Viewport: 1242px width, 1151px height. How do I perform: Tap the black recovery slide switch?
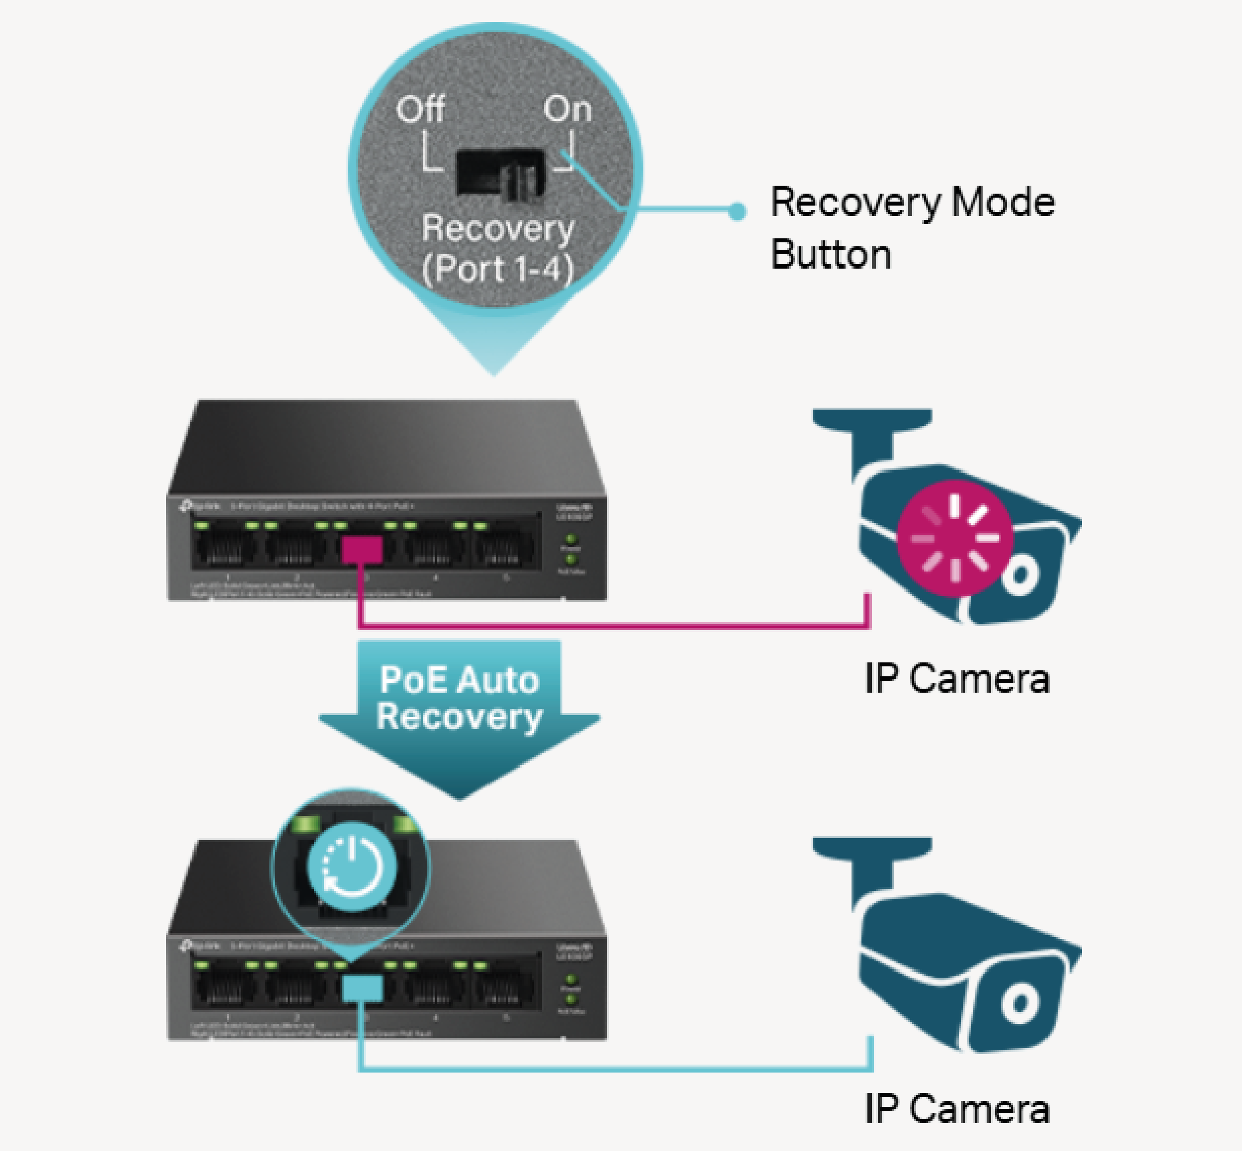[500, 173]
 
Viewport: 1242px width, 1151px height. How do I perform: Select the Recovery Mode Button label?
[912, 228]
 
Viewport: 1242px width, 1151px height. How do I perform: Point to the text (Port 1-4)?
[497, 269]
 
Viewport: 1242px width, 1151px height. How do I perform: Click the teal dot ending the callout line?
[737, 212]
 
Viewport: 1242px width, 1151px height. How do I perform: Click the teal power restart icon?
[351, 866]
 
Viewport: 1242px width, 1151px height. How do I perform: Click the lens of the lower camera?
[1019, 1003]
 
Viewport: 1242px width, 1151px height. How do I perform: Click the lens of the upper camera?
[1019, 576]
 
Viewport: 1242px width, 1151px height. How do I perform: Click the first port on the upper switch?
[225, 548]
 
